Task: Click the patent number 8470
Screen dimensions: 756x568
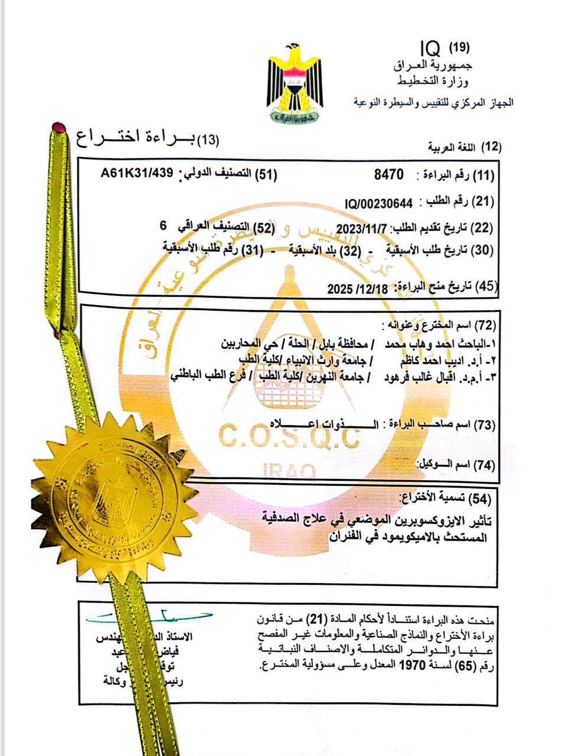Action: point(389,175)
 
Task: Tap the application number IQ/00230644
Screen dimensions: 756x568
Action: point(379,204)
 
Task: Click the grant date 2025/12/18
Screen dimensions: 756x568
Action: point(358,289)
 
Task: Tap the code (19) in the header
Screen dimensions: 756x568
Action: point(459,47)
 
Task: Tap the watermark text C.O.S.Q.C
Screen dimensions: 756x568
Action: point(289,437)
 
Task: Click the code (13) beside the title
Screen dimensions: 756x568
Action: point(207,140)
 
